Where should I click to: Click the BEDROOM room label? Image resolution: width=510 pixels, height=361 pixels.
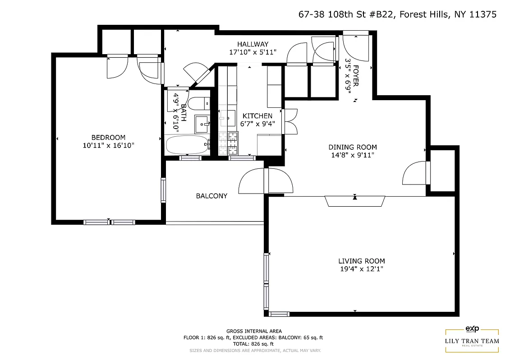point(108,138)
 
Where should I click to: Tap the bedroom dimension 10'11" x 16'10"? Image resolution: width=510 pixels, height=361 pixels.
point(108,145)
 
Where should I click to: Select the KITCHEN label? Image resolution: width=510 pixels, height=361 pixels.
point(257,116)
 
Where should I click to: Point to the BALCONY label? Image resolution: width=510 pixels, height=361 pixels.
point(211,196)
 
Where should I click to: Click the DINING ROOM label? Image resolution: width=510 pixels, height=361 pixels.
point(352,147)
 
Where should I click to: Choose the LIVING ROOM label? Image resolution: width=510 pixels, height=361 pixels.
point(362,261)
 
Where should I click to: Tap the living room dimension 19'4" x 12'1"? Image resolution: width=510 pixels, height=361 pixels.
point(362,269)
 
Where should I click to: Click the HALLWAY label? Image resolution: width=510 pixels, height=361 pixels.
point(253,44)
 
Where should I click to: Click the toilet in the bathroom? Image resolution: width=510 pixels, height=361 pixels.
point(199,103)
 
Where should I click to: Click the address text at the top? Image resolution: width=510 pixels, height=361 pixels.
point(397,14)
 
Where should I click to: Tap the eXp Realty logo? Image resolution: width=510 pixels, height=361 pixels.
point(472,329)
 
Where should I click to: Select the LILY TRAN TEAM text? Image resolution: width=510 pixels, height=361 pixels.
point(472,341)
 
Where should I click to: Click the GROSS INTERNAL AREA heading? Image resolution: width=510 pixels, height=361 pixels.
point(254,331)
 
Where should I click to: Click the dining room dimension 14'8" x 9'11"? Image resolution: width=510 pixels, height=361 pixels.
point(352,155)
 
